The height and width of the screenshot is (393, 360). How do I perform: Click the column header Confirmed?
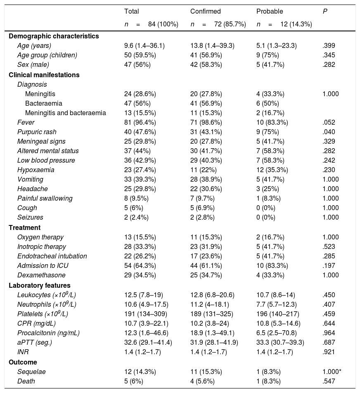click(206, 12)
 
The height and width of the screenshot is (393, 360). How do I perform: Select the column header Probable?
click(270, 12)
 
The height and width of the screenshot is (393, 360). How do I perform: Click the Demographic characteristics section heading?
click(54, 36)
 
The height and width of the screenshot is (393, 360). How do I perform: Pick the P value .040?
click(329, 132)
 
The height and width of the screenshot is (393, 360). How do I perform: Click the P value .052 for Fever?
click(329, 122)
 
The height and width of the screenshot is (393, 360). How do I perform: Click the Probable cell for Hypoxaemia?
click(272, 170)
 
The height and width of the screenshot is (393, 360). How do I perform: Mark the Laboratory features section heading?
click(40, 285)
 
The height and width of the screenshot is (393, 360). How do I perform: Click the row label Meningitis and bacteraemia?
click(65, 113)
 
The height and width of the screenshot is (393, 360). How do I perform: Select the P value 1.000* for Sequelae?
click(332, 372)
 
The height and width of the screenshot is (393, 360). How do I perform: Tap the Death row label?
click(26, 381)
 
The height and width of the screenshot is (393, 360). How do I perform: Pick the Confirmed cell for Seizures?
click(201, 217)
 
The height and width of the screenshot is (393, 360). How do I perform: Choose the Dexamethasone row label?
click(41, 275)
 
